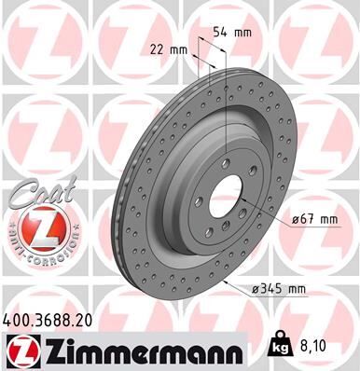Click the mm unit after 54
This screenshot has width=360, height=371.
242,33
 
